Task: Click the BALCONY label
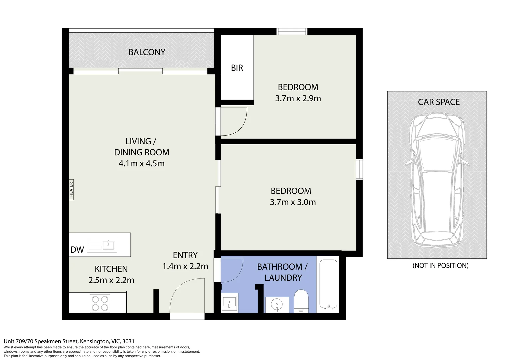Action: pos(147,52)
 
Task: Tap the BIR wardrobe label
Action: pos(237,68)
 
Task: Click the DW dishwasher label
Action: pos(77,250)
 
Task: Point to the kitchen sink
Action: pos(101,245)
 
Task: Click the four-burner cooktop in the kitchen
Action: pos(100,303)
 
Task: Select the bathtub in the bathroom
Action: pos(328,284)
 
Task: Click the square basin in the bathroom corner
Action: pos(229,303)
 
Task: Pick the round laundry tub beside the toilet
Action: pos(276,304)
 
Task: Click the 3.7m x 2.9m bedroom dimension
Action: pos(298,99)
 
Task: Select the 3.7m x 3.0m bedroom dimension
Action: pos(293,202)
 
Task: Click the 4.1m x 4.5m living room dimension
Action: pos(142,164)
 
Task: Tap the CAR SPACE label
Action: pos(439,102)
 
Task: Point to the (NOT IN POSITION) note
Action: pos(440,266)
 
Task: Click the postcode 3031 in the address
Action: pos(128,341)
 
